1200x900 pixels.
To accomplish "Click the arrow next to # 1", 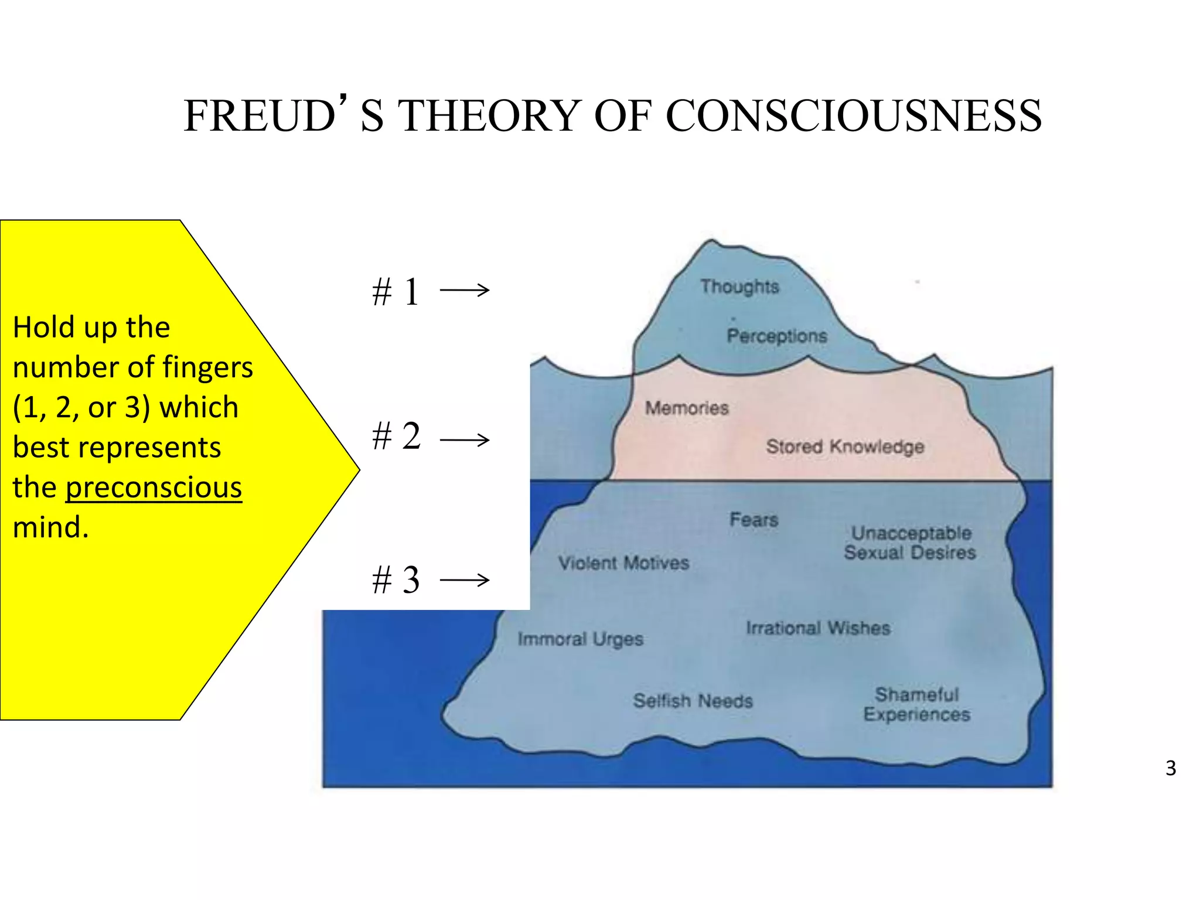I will click(x=465, y=290).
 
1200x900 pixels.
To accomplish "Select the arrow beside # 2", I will click(x=465, y=439).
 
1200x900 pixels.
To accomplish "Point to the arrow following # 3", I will click(x=465, y=580).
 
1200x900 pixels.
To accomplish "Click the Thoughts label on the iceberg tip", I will click(x=739, y=287).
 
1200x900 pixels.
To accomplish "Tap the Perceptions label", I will click(x=777, y=336).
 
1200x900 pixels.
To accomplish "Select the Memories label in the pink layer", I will click(x=687, y=408).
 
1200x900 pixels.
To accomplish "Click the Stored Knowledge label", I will click(x=845, y=446).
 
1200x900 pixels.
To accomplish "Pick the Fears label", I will click(x=754, y=520).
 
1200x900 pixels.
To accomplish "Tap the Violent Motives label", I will click(x=623, y=563).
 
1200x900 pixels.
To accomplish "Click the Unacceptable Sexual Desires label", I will click(x=910, y=543).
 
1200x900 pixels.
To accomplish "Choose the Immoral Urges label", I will click(x=580, y=639).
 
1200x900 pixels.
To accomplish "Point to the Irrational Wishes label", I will click(x=818, y=628).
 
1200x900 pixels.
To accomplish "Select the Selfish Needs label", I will click(x=693, y=701).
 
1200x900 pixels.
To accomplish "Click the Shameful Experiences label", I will click(x=917, y=704).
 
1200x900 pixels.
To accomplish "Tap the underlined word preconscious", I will click(x=154, y=487).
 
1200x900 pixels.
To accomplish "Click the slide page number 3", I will click(x=1170, y=768).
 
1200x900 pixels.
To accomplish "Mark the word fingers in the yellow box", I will click(x=207, y=367).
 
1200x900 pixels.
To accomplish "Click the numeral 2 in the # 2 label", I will click(x=411, y=437).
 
